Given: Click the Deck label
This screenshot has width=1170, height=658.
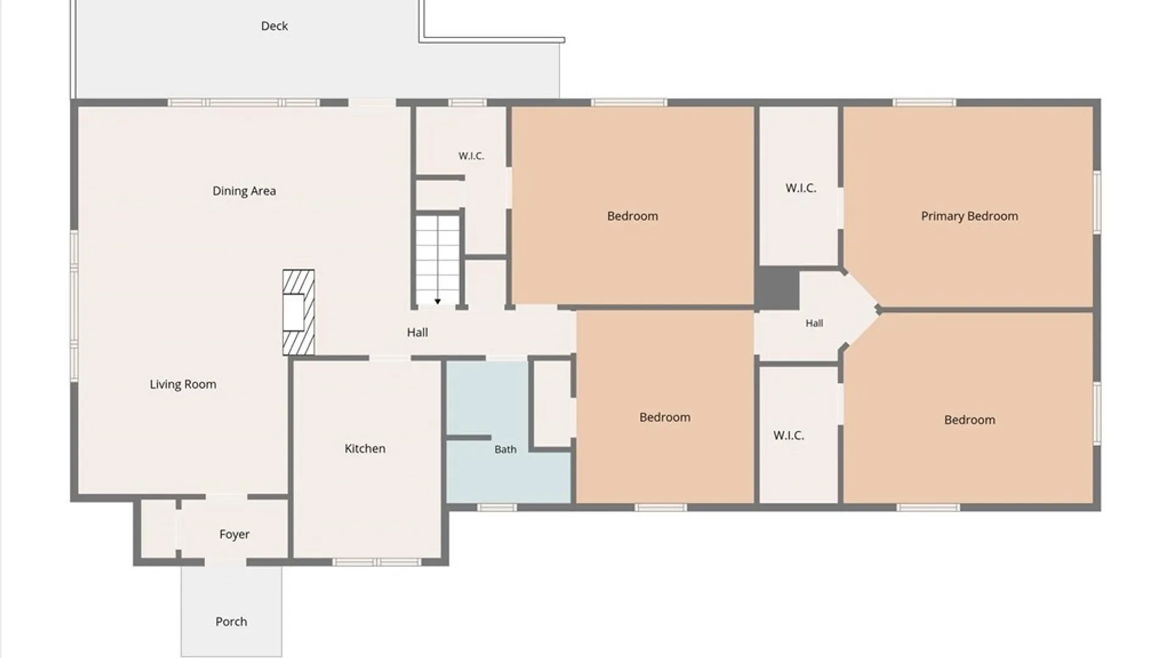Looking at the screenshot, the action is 274,26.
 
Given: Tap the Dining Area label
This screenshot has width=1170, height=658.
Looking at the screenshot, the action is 244,191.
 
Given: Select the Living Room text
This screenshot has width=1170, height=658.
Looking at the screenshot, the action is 183,384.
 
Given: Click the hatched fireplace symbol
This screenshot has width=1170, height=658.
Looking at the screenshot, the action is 299,313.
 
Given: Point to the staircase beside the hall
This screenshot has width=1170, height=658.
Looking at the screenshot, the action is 438,260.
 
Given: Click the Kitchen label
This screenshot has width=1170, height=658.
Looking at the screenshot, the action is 365,448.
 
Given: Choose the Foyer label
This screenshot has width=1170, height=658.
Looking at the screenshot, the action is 235,534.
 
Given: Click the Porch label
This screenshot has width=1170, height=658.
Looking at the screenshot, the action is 231,621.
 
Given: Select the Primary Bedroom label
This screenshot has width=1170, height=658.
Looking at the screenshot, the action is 970,216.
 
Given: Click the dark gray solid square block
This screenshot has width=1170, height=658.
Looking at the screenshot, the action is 778,289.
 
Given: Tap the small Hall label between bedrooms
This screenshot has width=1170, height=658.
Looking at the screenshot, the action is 814,324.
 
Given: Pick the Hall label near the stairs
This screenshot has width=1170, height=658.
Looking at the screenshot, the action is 417,333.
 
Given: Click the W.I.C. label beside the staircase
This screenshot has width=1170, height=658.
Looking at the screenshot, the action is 471,156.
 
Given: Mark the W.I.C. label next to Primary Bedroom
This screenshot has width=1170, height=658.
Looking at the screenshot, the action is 801,188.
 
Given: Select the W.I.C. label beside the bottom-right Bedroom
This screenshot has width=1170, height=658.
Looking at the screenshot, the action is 789,436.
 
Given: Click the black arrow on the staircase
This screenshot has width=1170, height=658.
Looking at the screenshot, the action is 438,302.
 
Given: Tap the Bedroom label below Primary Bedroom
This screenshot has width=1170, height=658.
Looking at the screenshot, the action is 970,420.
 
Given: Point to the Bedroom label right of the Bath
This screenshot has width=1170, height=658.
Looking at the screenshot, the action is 665,417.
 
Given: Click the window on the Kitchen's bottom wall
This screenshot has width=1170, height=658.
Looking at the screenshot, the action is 376,562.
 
